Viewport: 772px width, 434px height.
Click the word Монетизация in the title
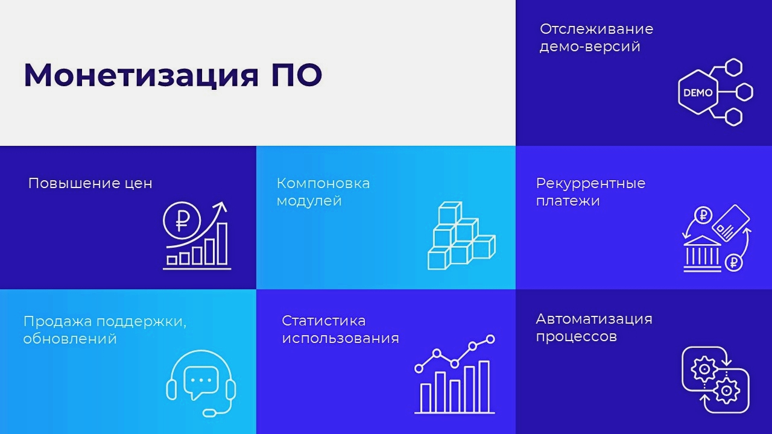141,75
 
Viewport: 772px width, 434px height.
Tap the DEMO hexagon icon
698,92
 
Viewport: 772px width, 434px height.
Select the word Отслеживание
596,29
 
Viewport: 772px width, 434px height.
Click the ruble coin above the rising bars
182,221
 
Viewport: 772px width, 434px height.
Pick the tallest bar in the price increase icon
223,244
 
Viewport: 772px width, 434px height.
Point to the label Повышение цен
90,183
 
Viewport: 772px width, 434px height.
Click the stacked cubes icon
461,236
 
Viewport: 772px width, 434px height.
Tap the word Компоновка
323,183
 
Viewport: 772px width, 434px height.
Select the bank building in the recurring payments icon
702,254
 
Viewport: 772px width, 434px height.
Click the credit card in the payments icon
731,223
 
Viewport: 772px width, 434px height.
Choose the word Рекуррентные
590,184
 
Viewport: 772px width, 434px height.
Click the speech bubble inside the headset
201,382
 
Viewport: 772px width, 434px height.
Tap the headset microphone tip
209,412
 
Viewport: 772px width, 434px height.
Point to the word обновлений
70,339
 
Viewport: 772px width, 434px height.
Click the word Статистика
324,321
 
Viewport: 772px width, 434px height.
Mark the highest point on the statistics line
490,339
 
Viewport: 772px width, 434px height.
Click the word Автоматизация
594,319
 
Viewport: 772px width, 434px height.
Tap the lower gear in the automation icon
726,391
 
